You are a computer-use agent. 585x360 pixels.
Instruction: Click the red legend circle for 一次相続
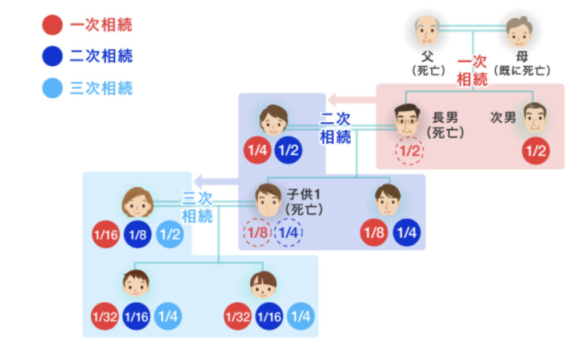coord(52,25)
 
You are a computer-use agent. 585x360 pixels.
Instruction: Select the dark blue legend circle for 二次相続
coord(52,56)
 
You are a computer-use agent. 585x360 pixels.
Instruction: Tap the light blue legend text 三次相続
coord(101,88)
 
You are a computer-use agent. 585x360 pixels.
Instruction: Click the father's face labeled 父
coord(427,31)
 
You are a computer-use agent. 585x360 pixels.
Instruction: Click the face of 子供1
coord(268,200)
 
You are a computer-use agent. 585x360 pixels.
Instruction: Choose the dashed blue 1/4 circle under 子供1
coord(289,233)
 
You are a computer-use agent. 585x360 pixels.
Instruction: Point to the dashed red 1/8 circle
coord(257,233)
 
